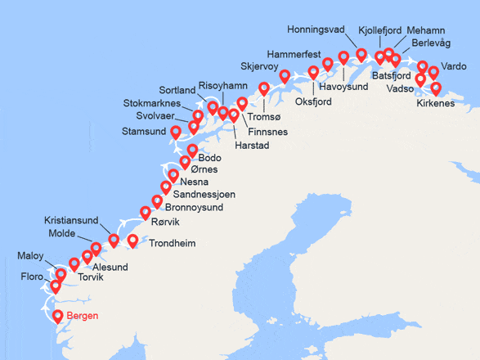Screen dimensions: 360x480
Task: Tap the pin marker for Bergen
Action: (58, 317)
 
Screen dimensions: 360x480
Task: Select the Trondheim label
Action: (172, 243)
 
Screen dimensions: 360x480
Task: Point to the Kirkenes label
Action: (435, 103)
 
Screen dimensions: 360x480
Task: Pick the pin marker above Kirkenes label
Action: (435, 88)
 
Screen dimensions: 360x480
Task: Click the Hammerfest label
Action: (294, 53)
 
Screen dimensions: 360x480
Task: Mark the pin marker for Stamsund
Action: (175, 132)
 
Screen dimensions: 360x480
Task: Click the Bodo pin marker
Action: (192, 150)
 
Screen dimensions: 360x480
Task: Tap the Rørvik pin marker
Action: (146, 213)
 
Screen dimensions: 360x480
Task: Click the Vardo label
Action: (453, 66)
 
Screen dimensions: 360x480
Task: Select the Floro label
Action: (32, 277)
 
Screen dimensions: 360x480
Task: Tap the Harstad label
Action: (251, 146)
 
